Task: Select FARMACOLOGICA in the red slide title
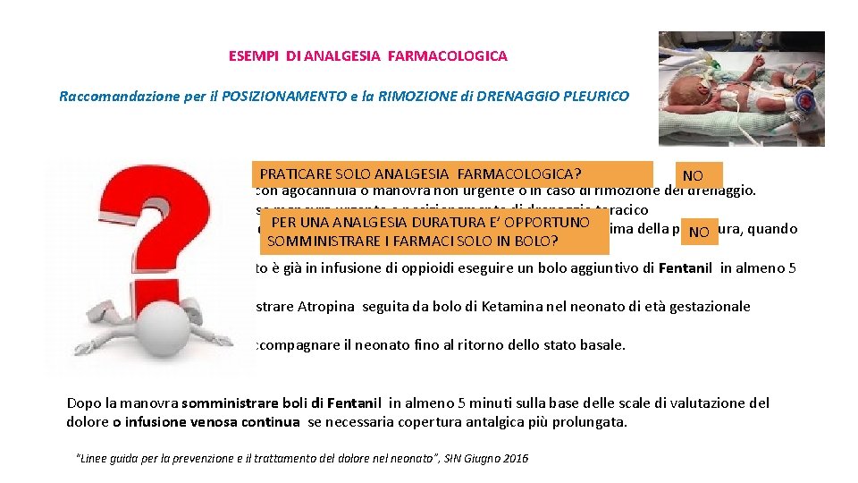point(462,55)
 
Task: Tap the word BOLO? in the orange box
point(539,241)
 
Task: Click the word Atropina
point(329,307)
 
